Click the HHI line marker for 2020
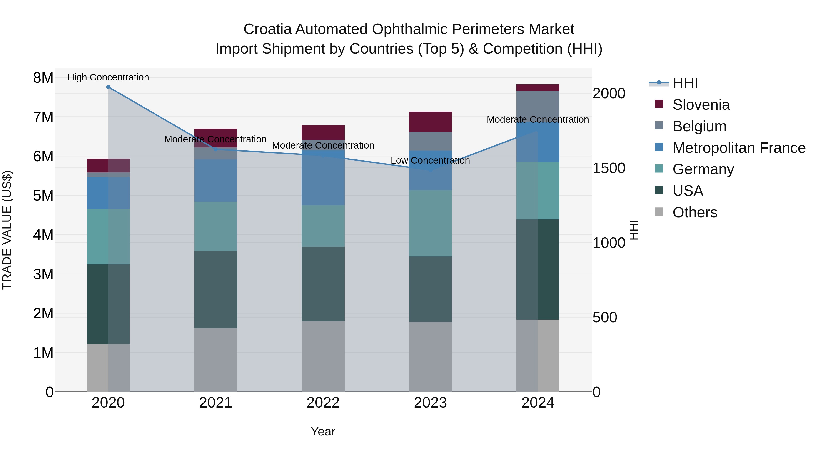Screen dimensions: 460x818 [x=108, y=87]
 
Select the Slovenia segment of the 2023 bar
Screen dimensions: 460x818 [x=430, y=122]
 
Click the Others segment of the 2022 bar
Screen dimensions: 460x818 [x=323, y=356]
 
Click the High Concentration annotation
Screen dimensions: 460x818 [x=108, y=77]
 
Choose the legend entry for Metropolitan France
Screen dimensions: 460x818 [x=739, y=148]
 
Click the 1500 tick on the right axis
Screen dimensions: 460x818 [x=609, y=168]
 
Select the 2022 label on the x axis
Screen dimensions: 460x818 [x=323, y=403]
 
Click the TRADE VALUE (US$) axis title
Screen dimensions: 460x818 [x=7, y=230]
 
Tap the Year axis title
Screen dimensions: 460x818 [x=323, y=431]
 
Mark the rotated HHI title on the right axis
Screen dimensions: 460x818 [x=634, y=230]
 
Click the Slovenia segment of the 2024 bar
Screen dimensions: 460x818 [x=538, y=88]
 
